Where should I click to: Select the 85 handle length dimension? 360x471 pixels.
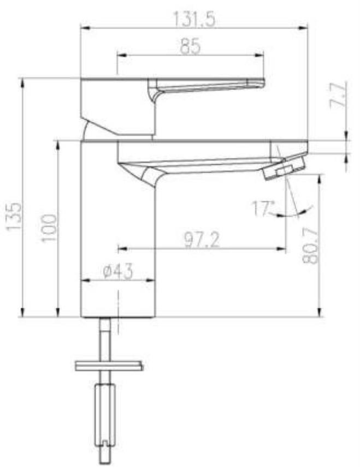click(x=190, y=47)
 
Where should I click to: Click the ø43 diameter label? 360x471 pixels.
click(x=117, y=272)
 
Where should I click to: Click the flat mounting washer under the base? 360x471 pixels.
click(x=109, y=364)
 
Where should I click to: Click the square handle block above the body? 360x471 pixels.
click(x=117, y=106)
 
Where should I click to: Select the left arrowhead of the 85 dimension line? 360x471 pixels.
click(x=121, y=55)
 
